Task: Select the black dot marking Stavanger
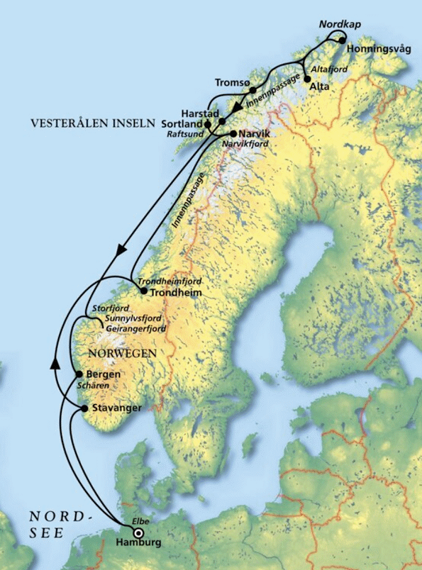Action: coord(85,408)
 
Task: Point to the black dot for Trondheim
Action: coord(143,291)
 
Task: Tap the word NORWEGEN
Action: coord(121,352)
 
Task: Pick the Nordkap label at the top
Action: coord(340,25)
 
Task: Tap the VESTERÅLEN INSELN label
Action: coord(92,122)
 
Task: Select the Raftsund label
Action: coord(186,133)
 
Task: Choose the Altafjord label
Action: coord(327,69)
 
